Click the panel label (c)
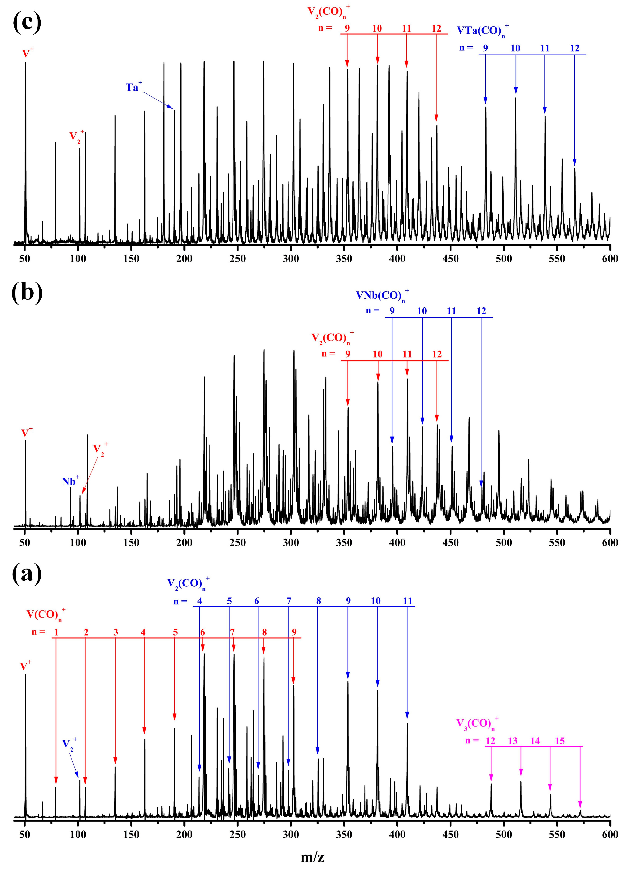[27, 22]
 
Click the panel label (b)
[27, 292]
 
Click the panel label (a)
[27, 574]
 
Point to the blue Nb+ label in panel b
[70, 481]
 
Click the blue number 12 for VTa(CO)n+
[574, 48]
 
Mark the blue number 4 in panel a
[199, 601]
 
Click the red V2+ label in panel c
[76, 136]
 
